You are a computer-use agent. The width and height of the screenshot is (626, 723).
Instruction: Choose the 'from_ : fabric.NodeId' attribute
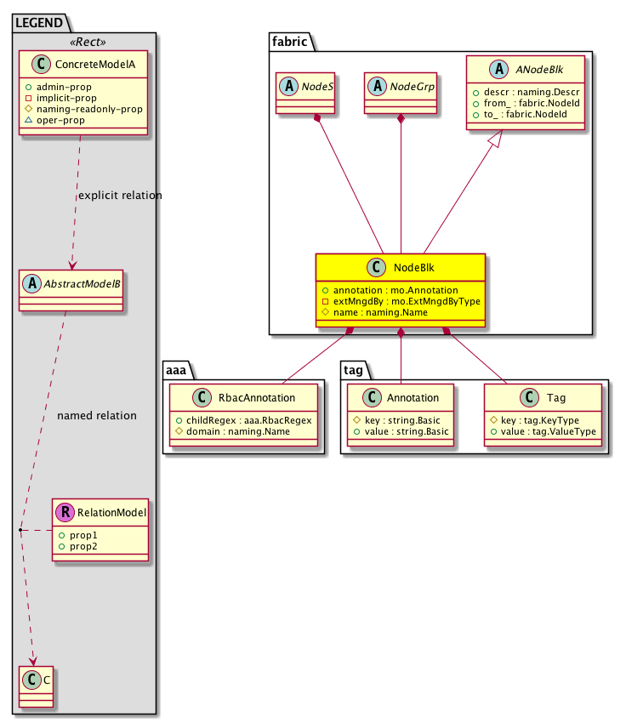(x=527, y=104)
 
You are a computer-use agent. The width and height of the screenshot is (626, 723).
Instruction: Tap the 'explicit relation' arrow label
(x=119, y=196)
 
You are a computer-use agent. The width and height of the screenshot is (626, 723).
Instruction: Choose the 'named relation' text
(x=96, y=416)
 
